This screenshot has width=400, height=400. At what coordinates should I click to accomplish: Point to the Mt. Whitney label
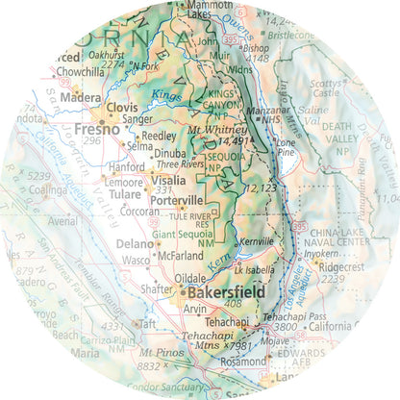coord(211,130)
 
